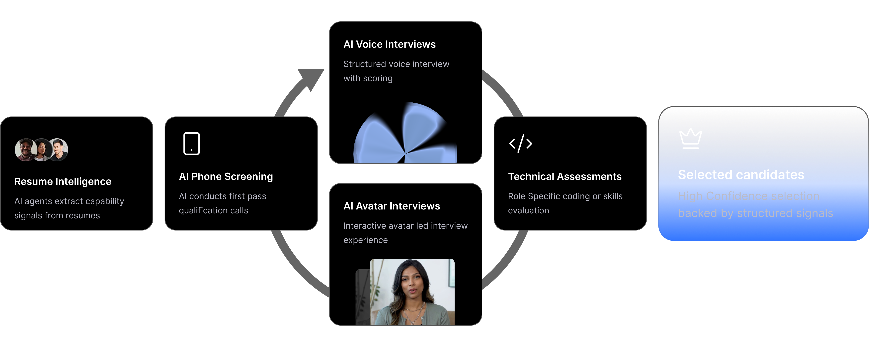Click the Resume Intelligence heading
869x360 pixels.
tap(63, 182)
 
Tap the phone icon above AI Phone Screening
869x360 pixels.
tap(192, 144)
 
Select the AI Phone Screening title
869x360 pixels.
tap(226, 177)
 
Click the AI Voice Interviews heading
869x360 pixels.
tap(389, 44)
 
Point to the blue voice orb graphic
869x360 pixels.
tap(405, 135)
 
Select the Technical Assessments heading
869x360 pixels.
tap(564, 177)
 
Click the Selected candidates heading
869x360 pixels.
tap(741, 175)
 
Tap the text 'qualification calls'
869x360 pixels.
tap(213, 211)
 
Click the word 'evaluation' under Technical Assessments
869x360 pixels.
tap(528, 211)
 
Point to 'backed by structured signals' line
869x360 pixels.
tap(755, 213)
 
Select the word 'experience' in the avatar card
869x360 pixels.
tap(365, 240)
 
